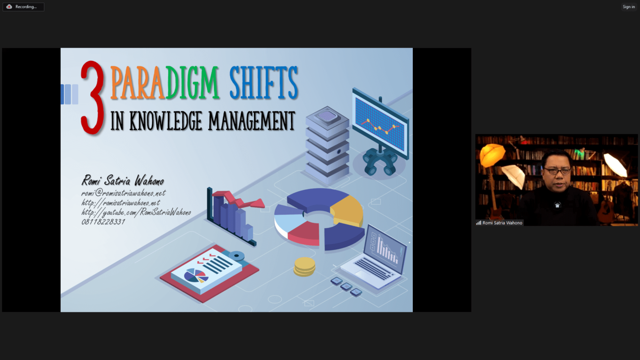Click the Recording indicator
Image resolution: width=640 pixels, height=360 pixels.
pos(23,7)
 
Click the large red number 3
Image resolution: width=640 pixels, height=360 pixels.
pos(92,98)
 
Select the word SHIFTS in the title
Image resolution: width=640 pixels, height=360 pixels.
pos(264,83)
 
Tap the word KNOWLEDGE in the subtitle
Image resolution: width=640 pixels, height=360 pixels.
pos(166,121)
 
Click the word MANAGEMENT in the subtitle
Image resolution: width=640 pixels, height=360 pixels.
pos(252,121)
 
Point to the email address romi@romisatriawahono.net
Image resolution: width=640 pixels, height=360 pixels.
pos(123,193)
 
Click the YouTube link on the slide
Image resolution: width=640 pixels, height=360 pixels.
pos(136,212)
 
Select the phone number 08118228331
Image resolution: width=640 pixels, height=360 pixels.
pos(103,222)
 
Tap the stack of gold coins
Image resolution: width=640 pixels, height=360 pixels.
pos(304,267)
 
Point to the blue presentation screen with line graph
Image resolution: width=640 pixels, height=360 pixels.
pos(381,123)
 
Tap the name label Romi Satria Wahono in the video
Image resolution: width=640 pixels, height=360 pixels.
pos(502,223)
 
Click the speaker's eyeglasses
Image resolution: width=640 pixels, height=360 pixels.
pos(557,171)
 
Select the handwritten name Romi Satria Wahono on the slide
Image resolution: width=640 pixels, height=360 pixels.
pos(123,180)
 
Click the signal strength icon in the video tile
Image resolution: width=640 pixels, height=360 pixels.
pos(478,223)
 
